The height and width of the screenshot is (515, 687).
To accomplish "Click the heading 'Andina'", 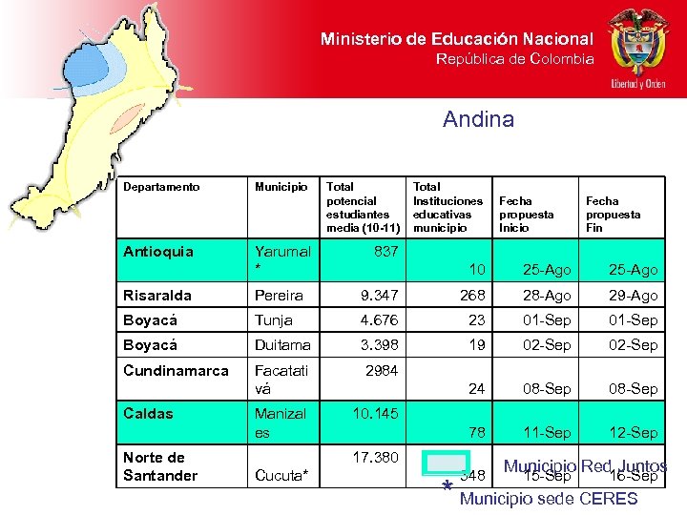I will tap(478, 119).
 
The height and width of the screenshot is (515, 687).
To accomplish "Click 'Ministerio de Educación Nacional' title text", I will tap(456, 39).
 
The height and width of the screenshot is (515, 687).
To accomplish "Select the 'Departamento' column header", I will tap(161, 187).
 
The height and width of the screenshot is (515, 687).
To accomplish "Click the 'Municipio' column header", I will tap(281, 187).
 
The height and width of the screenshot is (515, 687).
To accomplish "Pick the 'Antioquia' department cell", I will tap(158, 252).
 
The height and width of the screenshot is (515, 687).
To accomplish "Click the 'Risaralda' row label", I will tap(157, 296).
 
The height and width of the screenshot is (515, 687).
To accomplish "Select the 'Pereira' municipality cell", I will tap(279, 296).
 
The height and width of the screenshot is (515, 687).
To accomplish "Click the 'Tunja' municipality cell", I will tap(273, 320).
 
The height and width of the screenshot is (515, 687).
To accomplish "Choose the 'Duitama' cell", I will tap(281, 345).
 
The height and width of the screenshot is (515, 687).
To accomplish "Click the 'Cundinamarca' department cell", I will tap(176, 370).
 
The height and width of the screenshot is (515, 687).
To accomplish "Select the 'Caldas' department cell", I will tap(148, 414).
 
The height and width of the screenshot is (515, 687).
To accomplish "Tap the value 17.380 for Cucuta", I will tap(375, 458).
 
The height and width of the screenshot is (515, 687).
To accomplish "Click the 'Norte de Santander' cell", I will tap(160, 466).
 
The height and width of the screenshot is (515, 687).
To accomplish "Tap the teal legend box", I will tap(446, 463).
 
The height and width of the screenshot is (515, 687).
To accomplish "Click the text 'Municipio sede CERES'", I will tap(549, 498).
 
